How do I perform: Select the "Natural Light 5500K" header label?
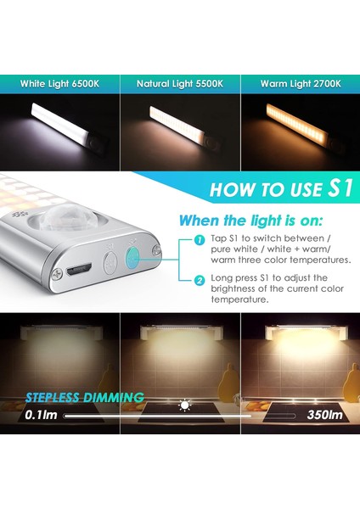click(x=180, y=83)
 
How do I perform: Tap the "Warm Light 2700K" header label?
click(x=301, y=83)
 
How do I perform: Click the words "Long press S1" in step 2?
click(x=239, y=278)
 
